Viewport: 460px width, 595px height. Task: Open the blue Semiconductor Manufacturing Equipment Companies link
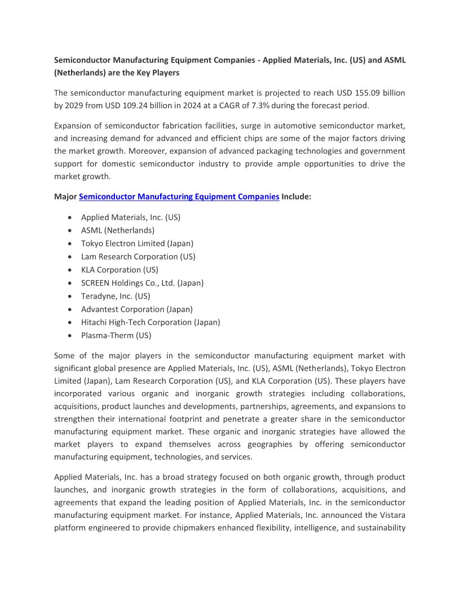[179, 197]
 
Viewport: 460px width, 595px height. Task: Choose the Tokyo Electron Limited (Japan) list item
[137, 243]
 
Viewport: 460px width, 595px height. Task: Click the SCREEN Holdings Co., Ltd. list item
[142, 283]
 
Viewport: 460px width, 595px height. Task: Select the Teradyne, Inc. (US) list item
[116, 296]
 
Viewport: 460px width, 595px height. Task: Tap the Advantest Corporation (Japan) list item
[136, 309]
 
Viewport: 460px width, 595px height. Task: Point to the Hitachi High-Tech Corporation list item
[151, 322]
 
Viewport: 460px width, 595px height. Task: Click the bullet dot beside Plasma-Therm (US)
[69, 336]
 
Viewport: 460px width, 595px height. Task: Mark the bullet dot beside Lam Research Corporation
[69, 257]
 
